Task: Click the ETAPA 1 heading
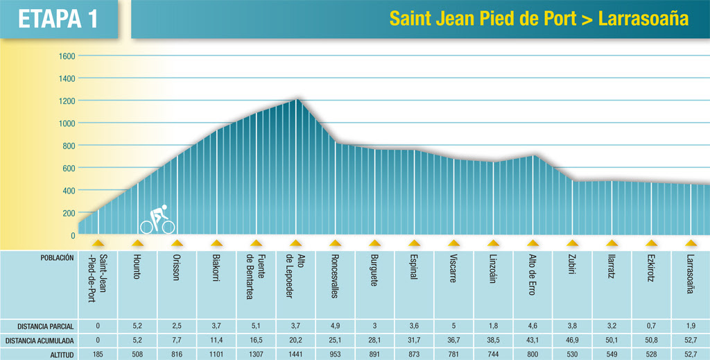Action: tap(58, 19)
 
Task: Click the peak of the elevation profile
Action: tap(297, 99)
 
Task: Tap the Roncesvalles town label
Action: tap(336, 276)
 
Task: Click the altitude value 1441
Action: tap(296, 354)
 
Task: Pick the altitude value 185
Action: tap(98, 354)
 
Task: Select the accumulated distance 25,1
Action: tap(336, 340)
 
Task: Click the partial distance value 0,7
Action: tap(651, 325)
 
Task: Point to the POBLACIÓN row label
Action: tap(55, 257)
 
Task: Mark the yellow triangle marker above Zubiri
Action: tap(572, 243)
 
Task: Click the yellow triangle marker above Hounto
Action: tap(138, 243)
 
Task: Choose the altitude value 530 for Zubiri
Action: tap(572, 354)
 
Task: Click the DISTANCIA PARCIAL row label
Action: tap(46, 325)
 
